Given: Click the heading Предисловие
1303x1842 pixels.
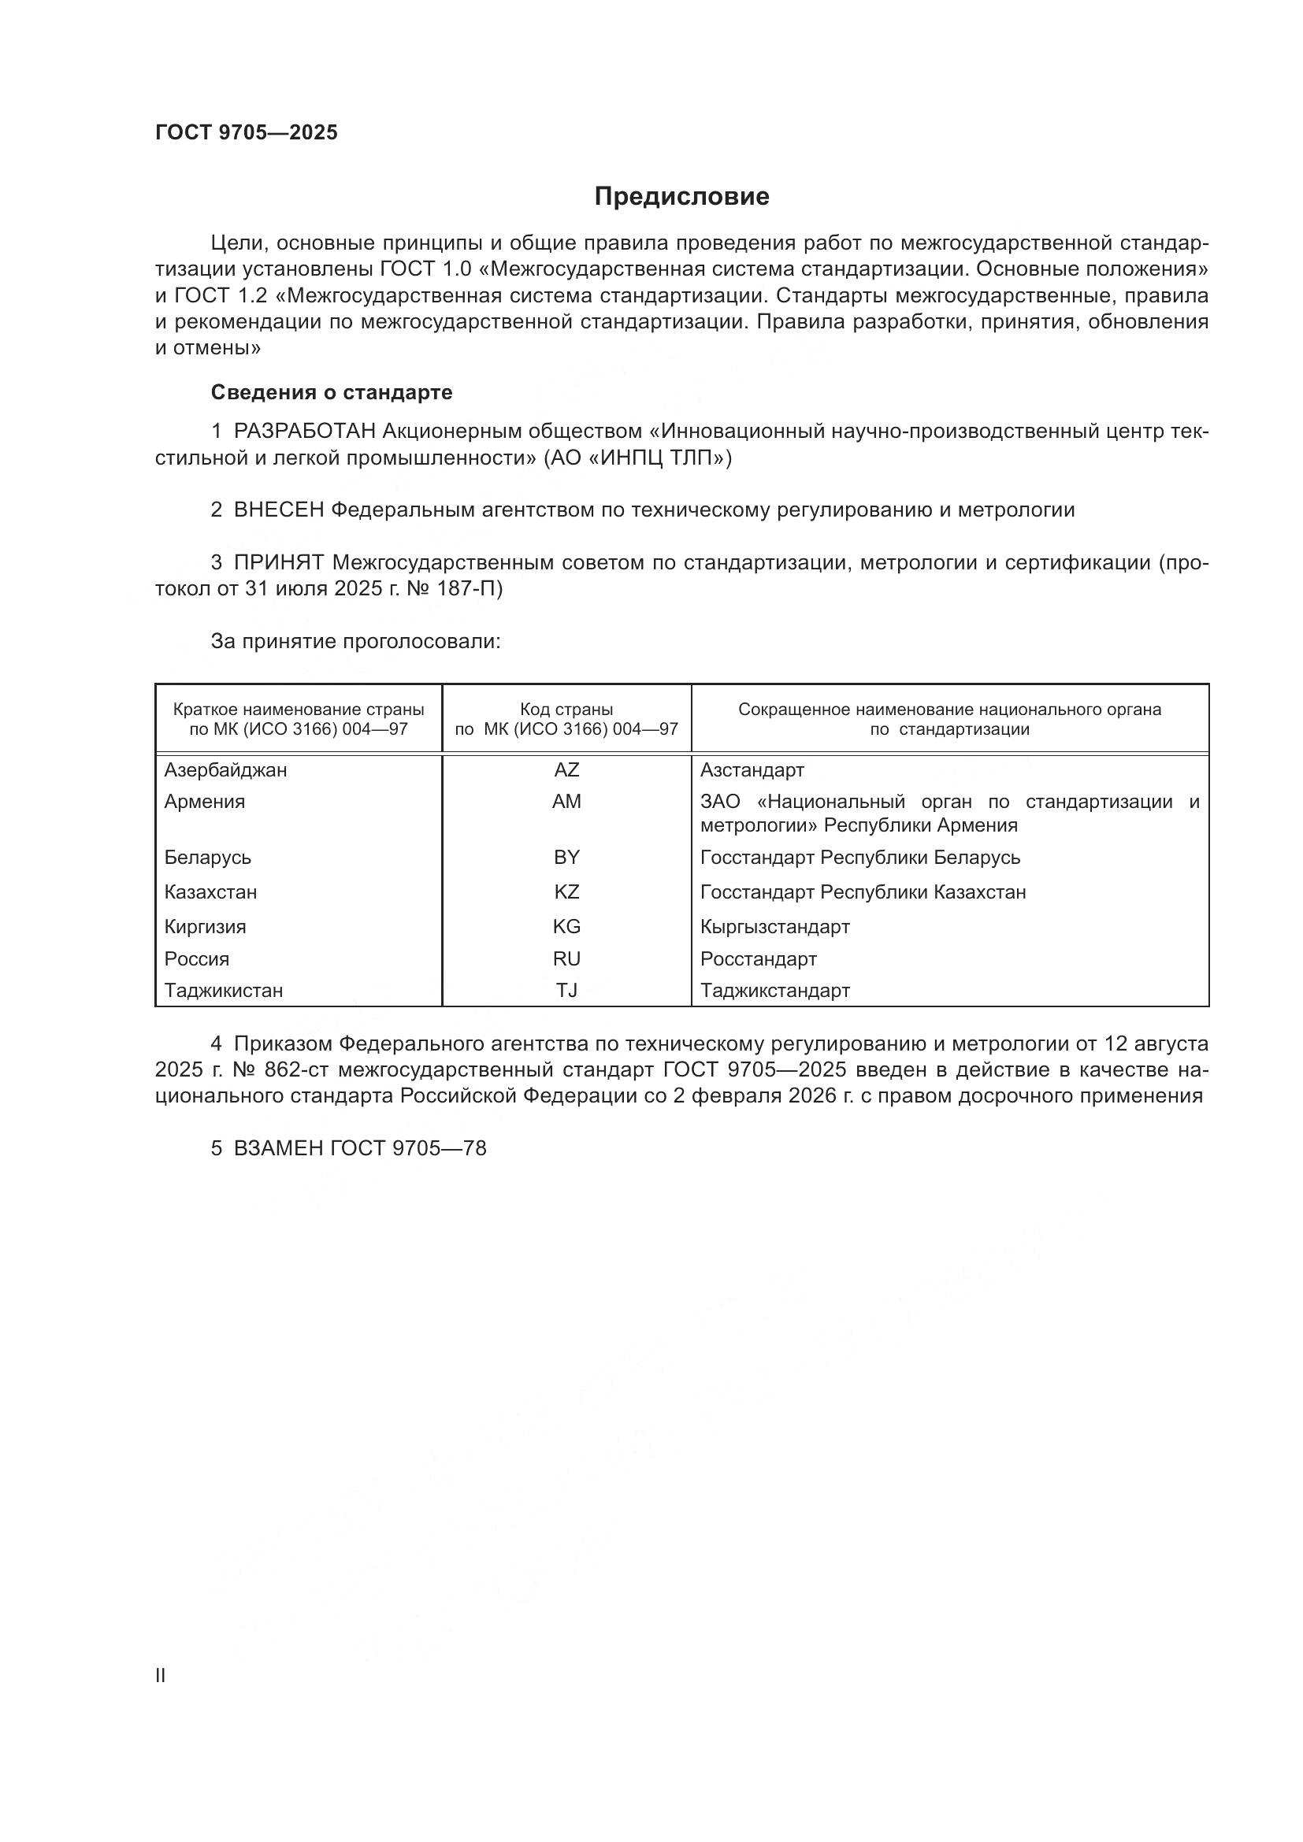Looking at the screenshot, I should coord(681,197).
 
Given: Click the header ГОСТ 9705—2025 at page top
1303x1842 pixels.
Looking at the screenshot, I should coord(247,132).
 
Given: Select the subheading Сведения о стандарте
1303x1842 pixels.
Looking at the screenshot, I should coord(332,392).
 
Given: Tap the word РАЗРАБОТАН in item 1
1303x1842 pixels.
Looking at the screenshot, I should coord(305,432).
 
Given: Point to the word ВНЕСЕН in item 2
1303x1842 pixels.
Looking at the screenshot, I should coord(278,510).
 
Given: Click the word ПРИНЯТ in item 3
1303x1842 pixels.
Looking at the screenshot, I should coord(278,562).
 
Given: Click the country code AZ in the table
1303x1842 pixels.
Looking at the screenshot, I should coord(566,770).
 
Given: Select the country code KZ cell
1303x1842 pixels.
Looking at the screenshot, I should coord(566,892).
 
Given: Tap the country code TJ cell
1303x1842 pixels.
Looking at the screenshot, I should coord(566,991).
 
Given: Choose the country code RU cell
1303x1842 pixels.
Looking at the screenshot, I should coord(566,958).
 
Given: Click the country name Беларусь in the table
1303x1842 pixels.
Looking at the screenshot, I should coord(208,858).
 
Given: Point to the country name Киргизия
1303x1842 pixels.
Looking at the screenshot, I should coord(206,927).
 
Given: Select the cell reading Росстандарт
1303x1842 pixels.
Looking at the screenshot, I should coord(758,958).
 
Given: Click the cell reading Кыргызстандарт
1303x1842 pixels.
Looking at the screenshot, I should coord(774,927).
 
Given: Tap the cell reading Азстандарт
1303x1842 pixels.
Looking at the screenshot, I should coord(752,770).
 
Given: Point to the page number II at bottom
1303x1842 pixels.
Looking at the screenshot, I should coord(161,1675).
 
